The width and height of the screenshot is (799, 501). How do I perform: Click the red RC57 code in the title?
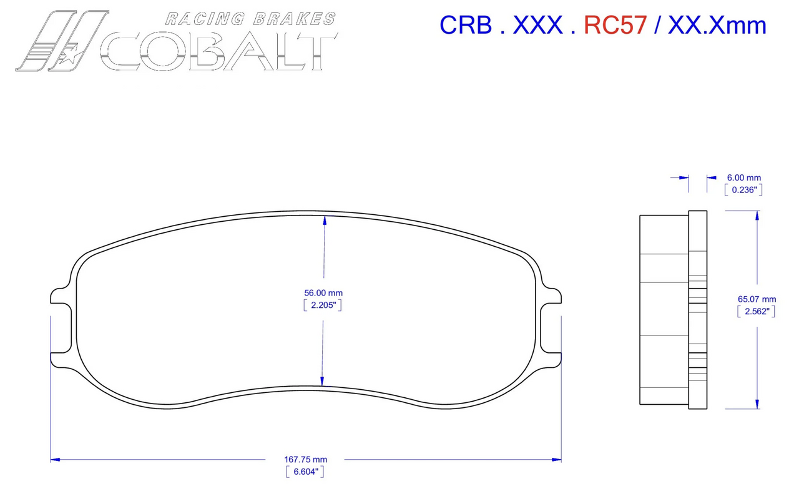[615, 25]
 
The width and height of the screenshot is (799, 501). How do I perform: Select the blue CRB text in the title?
[466, 25]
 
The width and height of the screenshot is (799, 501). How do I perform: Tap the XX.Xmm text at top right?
[717, 25]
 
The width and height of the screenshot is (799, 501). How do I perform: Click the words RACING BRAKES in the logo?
[250, 19]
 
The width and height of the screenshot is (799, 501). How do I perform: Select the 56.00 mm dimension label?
[323, 292]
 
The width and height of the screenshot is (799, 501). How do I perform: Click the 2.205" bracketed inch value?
[323, 305]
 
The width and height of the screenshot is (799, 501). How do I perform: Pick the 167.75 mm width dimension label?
[306, 460]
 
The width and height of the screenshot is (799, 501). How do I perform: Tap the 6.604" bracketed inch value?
[306, 472]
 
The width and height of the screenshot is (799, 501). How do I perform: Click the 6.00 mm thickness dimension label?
[743, 177]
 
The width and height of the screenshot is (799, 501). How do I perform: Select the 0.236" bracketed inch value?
[743, 190]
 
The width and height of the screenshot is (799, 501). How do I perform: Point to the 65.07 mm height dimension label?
[757, 299]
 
